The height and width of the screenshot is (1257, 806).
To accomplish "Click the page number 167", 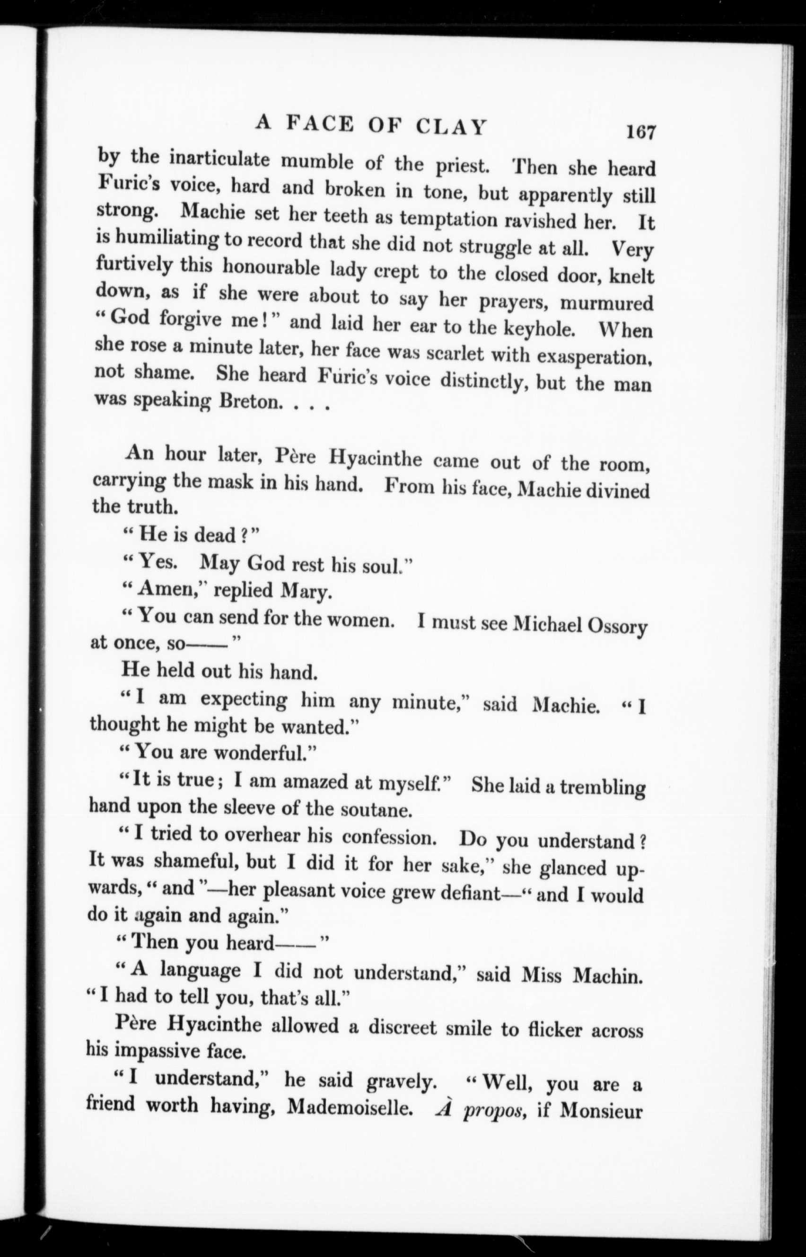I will [x=640, y=132].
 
